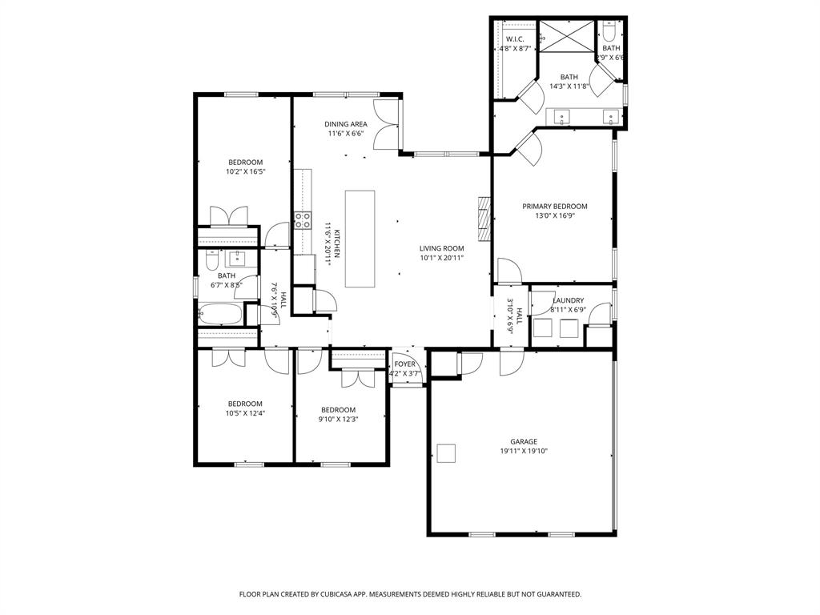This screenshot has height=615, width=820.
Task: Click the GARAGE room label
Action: click(524, 441)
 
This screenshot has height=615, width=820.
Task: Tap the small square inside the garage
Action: click(446, 453)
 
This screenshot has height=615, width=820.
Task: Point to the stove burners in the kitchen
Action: click(303, 220)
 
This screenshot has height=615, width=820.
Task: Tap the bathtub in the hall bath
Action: click(220, 315)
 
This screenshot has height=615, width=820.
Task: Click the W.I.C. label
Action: click(514, 39)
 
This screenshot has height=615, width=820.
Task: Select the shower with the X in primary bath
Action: click(566, 37)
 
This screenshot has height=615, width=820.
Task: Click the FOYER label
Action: click(404, 364)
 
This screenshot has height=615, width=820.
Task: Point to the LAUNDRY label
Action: click(568, 300)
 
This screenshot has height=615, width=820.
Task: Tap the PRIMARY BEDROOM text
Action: click(555, 206)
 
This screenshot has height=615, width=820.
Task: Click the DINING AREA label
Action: click(346, 124)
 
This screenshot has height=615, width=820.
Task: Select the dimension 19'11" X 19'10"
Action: click(524, 451)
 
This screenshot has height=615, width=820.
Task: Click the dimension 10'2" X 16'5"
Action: click(245, 171)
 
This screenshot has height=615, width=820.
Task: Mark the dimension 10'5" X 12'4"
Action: click(245, 413)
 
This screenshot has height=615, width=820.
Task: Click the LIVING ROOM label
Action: click(442, 248)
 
